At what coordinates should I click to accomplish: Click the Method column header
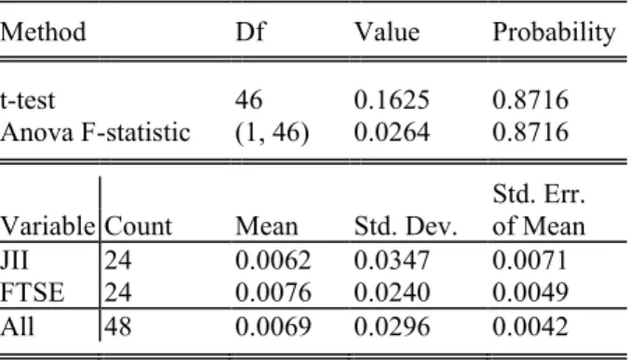tap(43, 32)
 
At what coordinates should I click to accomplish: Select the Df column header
tap(250, 32)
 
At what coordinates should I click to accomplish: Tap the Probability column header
tap(554, 33)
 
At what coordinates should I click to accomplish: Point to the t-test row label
tap(27, 100)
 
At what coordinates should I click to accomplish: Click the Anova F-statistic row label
tap(95, 132)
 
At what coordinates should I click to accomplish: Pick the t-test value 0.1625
tap(392, 100)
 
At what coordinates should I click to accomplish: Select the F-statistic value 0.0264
tap(392, 132)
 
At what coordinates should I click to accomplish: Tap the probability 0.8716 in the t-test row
tap(530, 100)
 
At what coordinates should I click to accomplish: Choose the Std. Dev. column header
tap(406, 226)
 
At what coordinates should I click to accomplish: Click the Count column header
tap(138, 226)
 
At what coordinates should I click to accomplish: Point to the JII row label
tap(14, 260)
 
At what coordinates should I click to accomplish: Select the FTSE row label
tap(32, 292)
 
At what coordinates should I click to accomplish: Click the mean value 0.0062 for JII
tap(274, 260)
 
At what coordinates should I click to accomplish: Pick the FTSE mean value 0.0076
tap(274, 292)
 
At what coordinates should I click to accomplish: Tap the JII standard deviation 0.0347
tap(392, 260)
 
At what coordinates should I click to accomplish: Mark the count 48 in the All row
tap(118, 326)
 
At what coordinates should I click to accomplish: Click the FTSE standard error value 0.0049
tap(530, 292)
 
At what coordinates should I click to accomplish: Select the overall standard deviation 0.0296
tap(392, 326)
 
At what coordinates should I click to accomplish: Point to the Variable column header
tap(47, 226)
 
